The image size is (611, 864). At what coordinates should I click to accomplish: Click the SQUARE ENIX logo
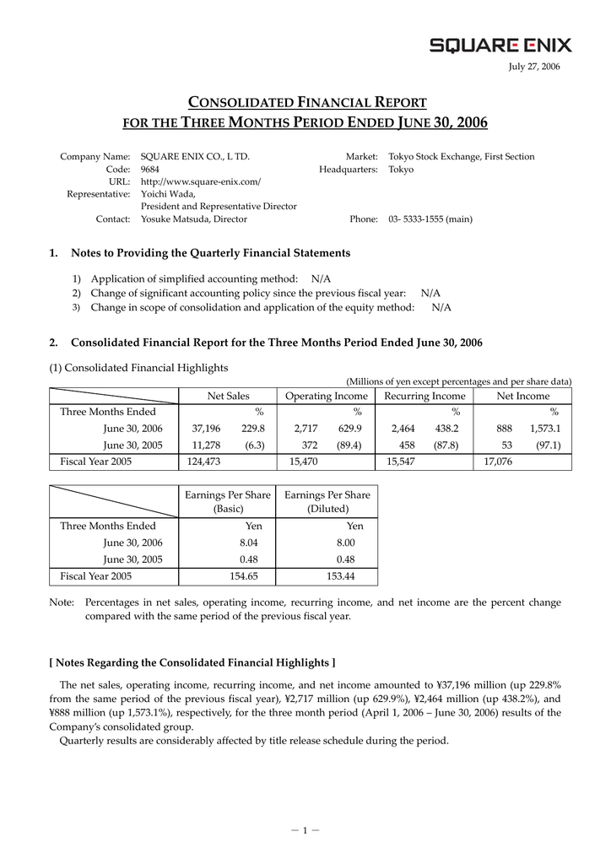(500, 45)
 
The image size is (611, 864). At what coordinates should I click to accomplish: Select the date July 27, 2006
(534, 67)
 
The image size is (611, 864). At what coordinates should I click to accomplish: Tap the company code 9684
(150, 170)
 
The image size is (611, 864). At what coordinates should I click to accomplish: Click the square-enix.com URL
(201, 182)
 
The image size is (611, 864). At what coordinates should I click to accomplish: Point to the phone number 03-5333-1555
(430, 219)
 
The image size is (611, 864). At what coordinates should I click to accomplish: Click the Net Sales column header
(228, 397)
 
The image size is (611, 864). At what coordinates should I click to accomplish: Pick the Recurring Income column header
(424, 397)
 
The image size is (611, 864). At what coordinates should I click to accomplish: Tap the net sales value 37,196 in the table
(206, 429)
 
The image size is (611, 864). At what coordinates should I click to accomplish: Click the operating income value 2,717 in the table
(304, 429)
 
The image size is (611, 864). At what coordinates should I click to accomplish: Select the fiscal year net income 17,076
(500, 462)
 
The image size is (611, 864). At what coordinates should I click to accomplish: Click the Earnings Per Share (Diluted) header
(327, 502)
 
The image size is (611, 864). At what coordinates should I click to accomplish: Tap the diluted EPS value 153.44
(339, 576)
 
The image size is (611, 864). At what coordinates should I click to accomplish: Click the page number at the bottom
(305, 829)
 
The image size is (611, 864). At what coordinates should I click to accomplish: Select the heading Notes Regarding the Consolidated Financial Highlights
(192, 662)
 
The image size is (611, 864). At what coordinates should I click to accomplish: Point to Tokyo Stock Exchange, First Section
(461, 157)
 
